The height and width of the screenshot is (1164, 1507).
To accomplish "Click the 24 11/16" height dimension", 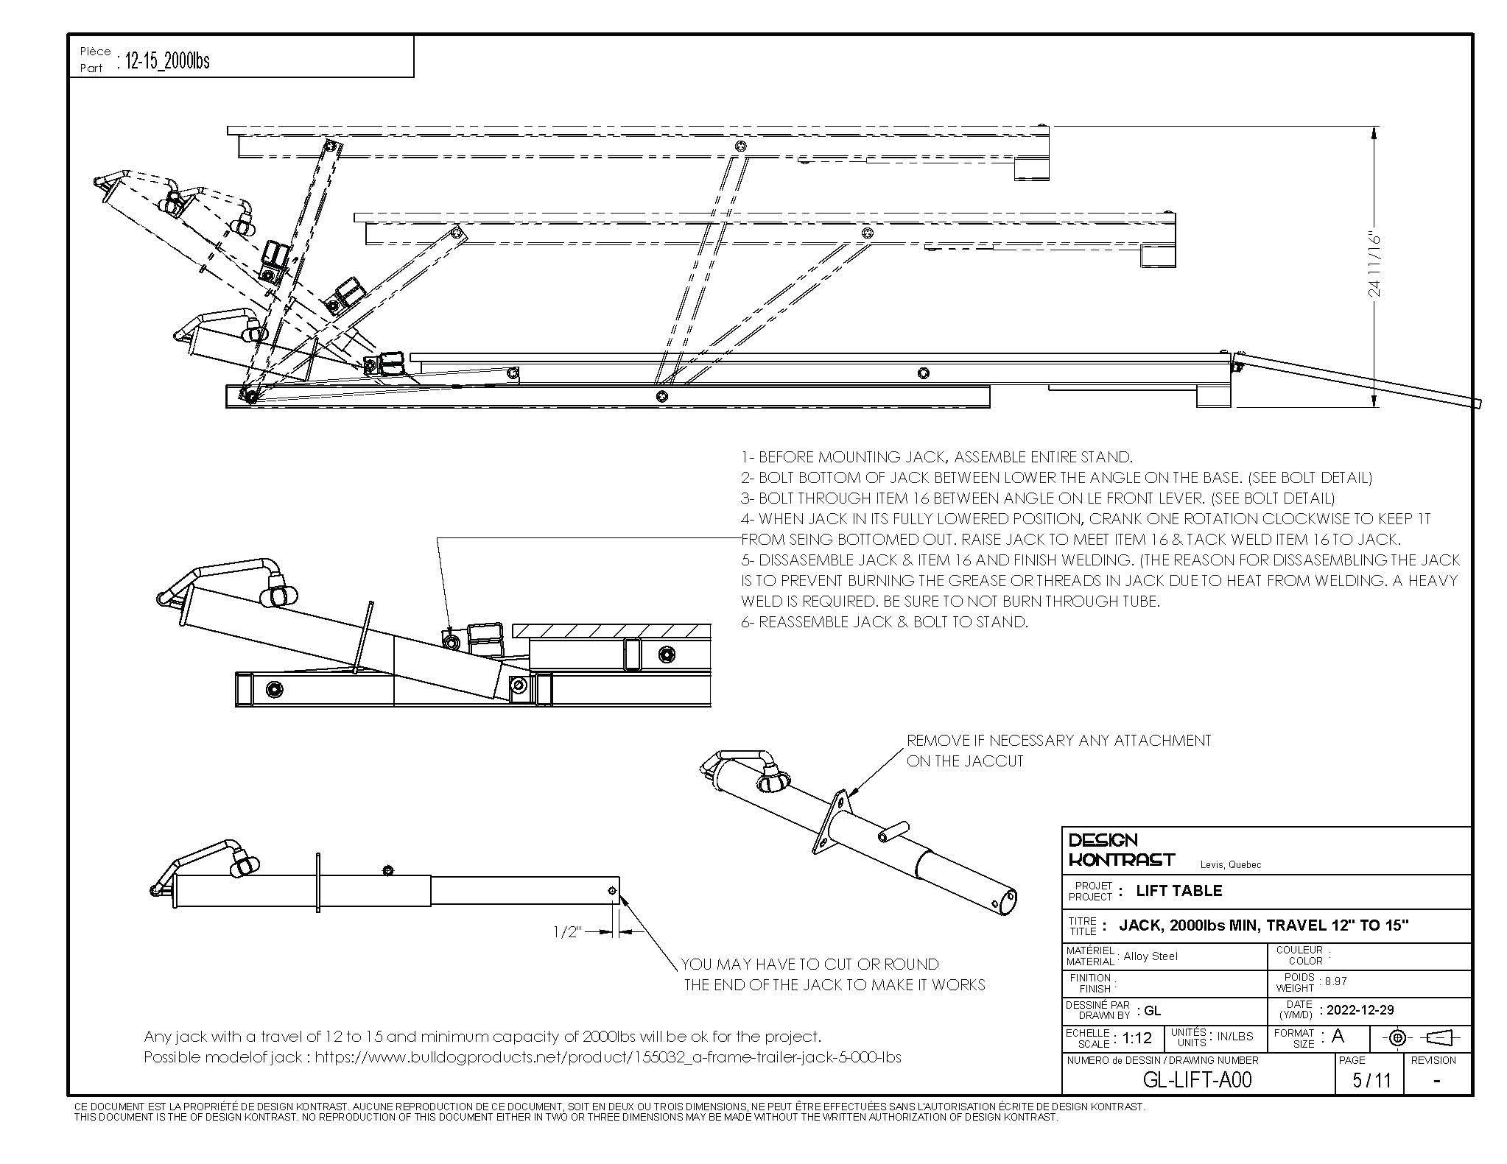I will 1374,265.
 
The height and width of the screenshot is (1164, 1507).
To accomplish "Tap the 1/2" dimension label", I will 567,932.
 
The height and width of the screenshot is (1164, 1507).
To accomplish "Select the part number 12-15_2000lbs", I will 168,60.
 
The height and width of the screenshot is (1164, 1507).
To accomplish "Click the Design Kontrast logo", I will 1120,850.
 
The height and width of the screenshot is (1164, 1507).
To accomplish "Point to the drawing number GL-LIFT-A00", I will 1196,1079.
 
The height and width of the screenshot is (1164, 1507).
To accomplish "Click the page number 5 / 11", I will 1371,1079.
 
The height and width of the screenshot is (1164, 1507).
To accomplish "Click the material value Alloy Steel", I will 1150,956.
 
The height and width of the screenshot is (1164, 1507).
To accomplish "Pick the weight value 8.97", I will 1336,981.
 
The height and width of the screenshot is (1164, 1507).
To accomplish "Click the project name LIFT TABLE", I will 1178,890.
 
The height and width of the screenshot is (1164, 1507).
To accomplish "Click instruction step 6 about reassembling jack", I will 884,621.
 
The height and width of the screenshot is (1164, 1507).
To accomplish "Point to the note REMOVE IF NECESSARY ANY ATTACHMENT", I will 1058,741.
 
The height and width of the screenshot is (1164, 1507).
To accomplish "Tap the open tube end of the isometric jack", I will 1008,900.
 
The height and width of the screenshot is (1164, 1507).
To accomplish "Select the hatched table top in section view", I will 611,631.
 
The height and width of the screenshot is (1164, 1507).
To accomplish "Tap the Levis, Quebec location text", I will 1230,864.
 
